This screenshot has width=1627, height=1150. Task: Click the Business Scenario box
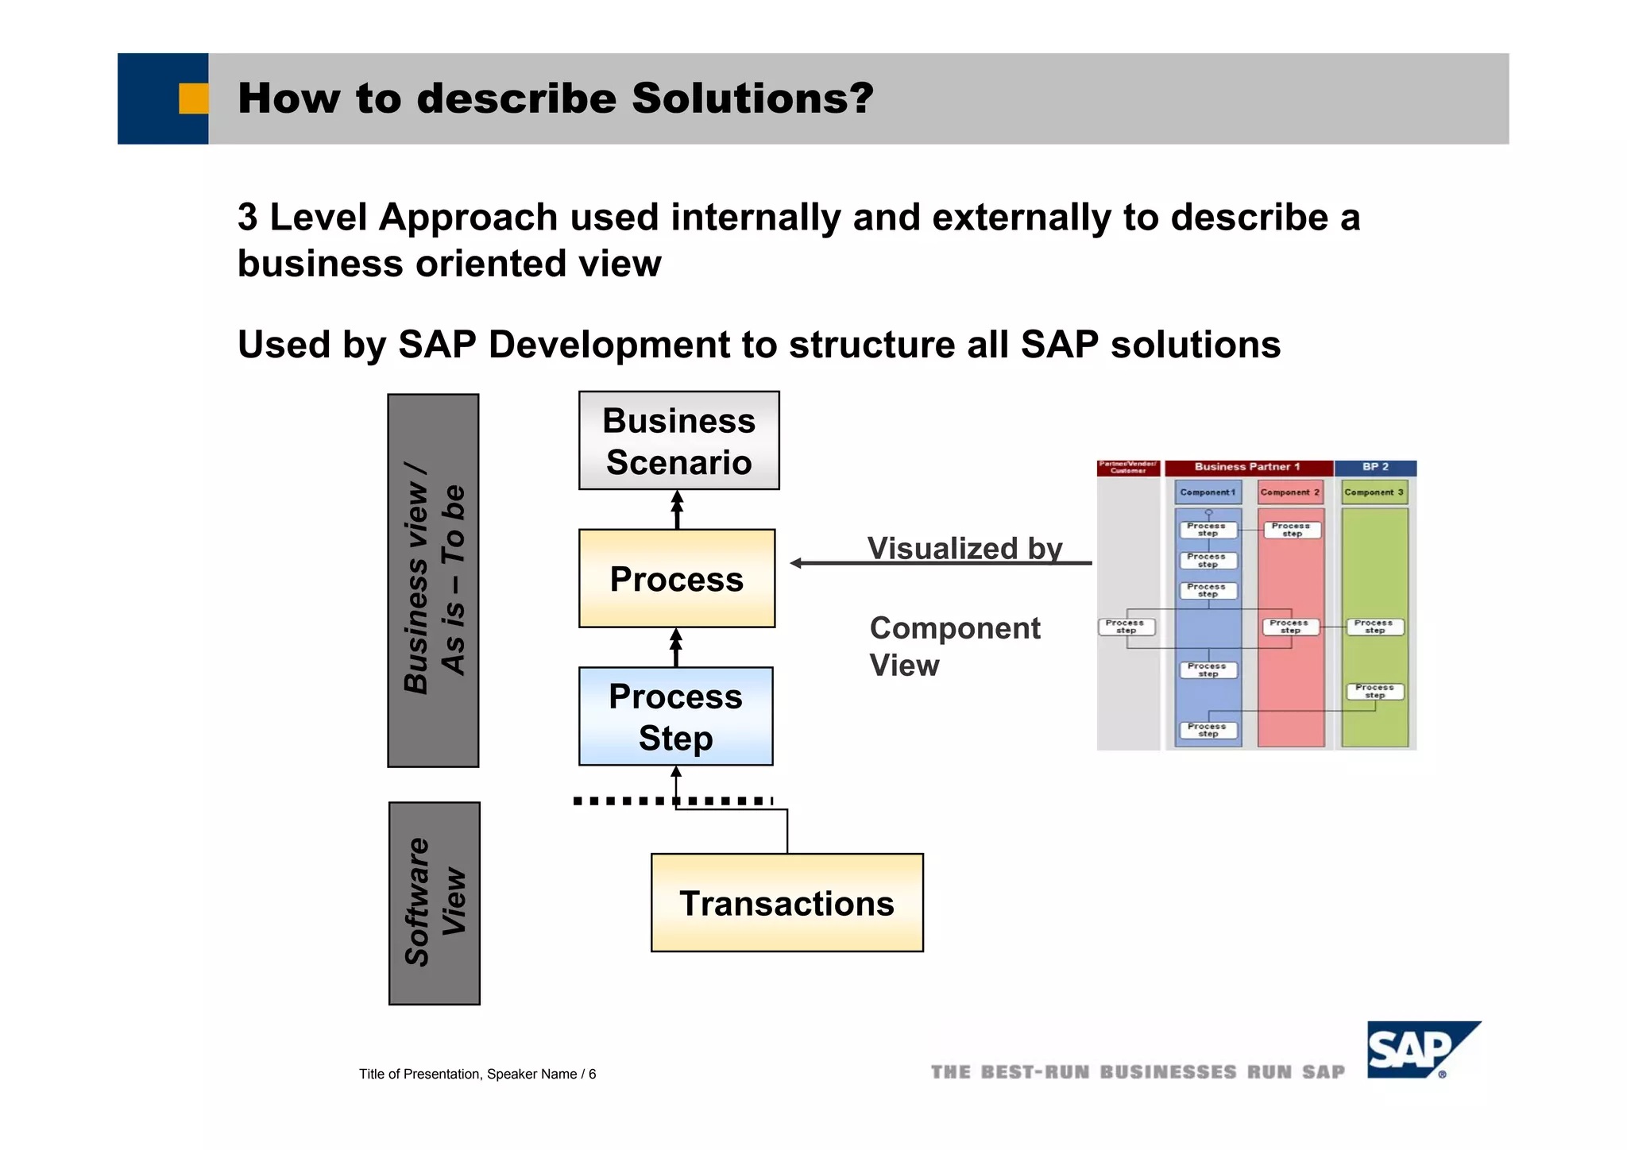click(678, 441)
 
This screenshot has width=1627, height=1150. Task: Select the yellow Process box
click(676, 579)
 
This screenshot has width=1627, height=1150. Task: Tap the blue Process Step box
click(675, 716)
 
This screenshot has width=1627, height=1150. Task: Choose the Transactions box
click(786, 903)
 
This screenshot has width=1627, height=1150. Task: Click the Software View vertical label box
click(434, 903)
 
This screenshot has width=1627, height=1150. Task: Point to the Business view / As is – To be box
click(433, 581)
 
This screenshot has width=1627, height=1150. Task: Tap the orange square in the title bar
click(193, 98)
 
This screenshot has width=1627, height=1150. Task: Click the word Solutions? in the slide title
click(752, 98)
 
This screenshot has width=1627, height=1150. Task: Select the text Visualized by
click(964, 548)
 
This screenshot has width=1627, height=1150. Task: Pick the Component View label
click(953, 646)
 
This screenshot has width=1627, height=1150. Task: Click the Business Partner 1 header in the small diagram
click(1247, 467)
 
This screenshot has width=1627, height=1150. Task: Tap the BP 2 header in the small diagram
click(1375, 467)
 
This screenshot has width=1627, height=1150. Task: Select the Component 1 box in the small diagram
click(1208, 492)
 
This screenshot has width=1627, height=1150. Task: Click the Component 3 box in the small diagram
click(1374, 492)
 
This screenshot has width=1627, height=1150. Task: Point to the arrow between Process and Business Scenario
click(677, 509)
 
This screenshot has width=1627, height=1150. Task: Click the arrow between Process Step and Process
click(676, 647)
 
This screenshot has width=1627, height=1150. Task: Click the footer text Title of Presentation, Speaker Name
click(477, 1074)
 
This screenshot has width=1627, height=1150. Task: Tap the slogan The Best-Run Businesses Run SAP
click(1138, 1072)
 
